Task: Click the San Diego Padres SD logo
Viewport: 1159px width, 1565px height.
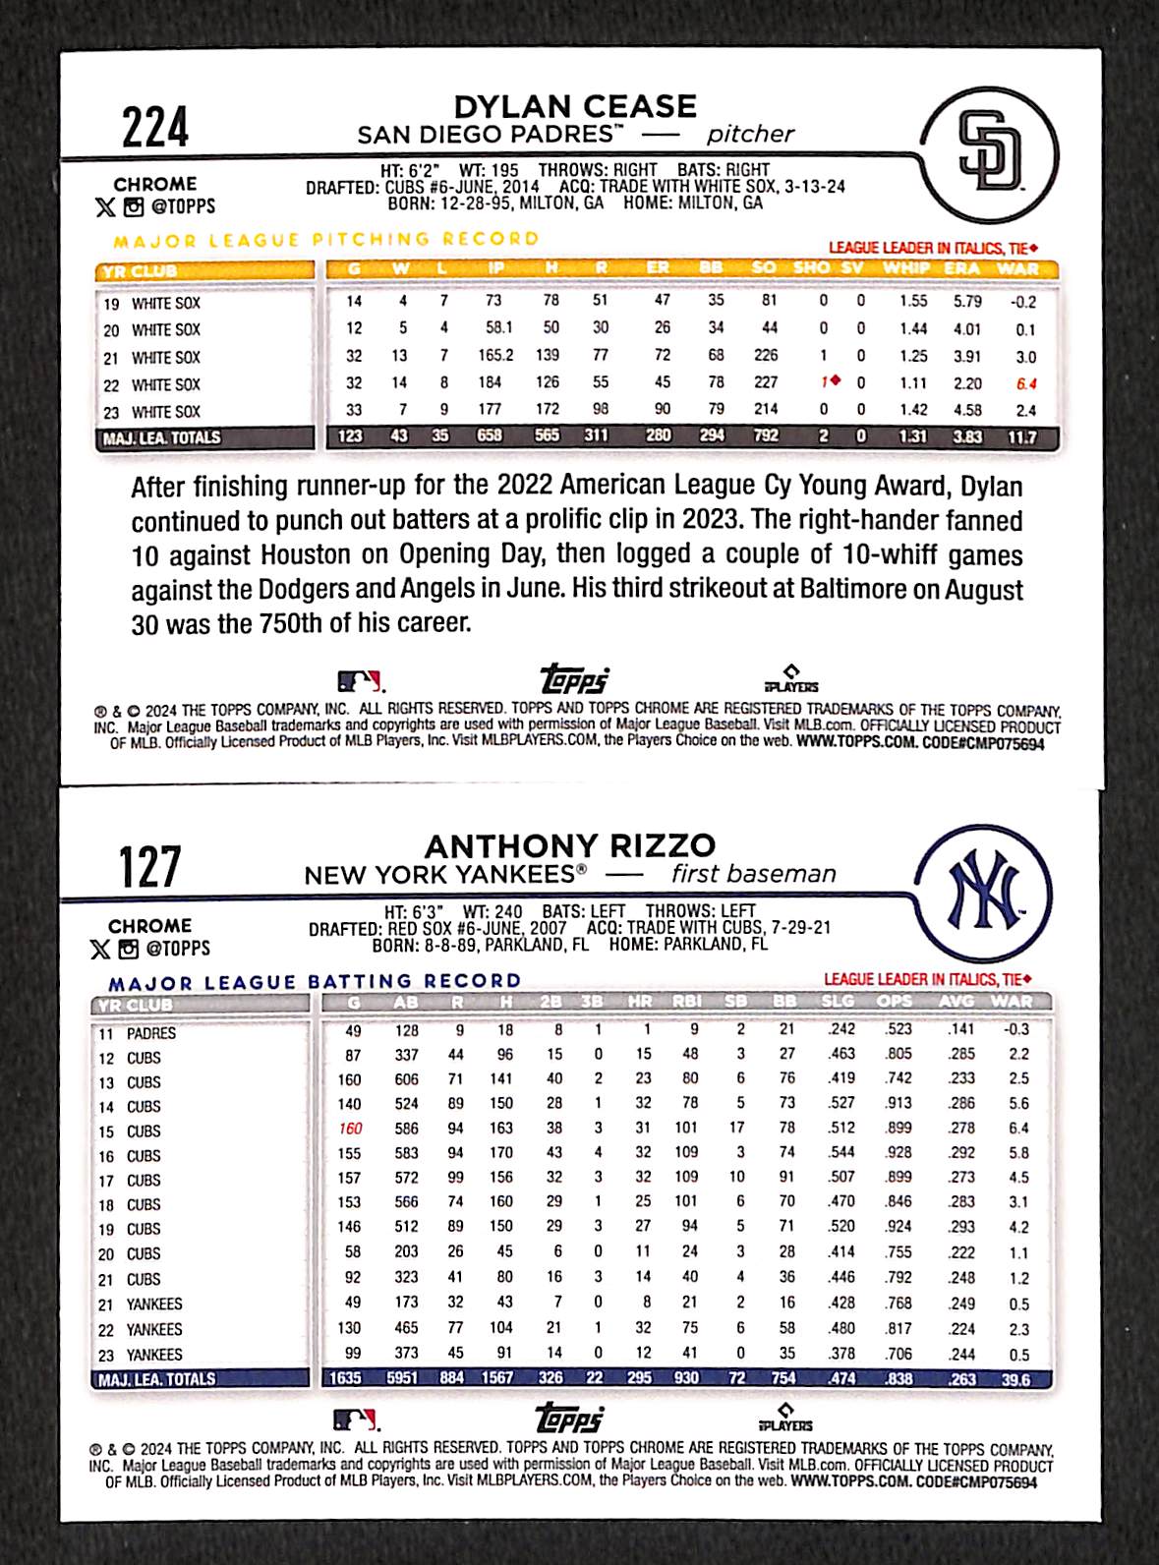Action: pos(989,155)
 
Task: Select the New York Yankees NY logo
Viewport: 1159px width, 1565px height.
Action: pos(983,893)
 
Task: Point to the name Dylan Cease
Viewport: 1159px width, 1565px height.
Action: pos(575,106)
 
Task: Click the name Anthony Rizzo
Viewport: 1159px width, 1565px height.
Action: pos(570,845)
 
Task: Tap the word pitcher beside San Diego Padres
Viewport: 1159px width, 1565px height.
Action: pos(750,135)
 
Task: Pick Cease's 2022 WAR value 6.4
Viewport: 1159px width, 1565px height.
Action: pos(1026,384)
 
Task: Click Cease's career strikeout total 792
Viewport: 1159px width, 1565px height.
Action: pos(765,435)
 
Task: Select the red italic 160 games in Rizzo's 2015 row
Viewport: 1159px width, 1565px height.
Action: pos(351,1129)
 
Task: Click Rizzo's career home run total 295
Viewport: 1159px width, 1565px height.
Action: pos(639,1378)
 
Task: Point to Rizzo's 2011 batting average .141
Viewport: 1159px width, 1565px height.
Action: pos(960,1029)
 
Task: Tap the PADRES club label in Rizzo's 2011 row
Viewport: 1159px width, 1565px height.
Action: pos(150,1033)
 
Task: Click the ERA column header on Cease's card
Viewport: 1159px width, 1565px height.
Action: pos(961,268)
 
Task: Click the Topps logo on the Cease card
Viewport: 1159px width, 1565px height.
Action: pos(574,679)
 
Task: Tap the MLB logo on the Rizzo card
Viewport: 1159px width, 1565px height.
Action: pos(356,1419)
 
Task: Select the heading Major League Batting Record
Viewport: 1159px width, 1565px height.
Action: pos(315,981)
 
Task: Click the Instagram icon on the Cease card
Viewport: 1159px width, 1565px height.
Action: pos(133,206)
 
